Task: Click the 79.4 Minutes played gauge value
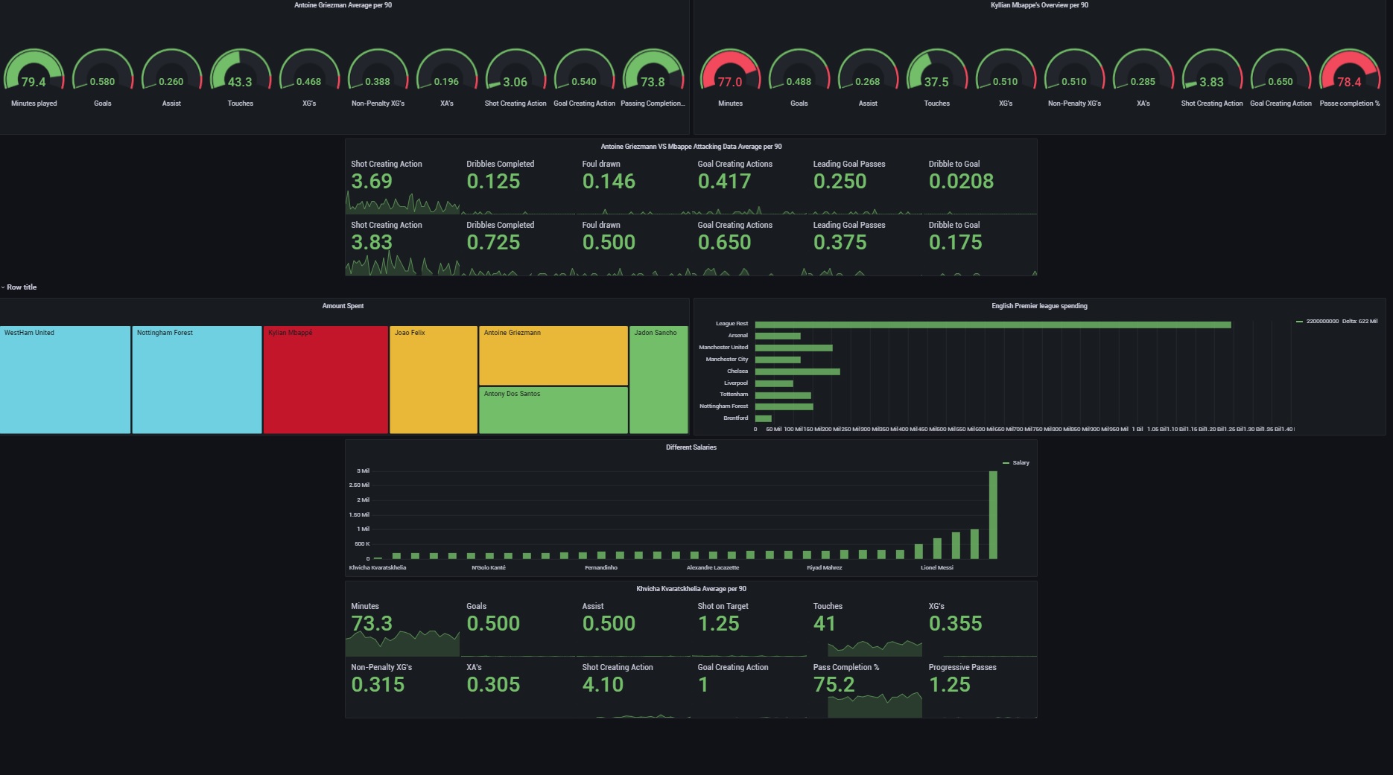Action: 34,82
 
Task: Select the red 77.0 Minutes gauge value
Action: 729,82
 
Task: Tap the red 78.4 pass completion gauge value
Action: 1349,82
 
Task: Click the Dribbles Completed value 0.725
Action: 493,243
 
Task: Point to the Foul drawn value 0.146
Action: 609,182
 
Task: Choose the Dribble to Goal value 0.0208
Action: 961,182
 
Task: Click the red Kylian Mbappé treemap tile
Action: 326,380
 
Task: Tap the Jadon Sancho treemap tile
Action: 659,380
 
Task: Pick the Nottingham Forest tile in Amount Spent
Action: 197,380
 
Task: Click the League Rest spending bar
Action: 992,325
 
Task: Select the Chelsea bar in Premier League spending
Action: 797,371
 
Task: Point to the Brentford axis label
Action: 735,418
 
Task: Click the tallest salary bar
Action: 993,514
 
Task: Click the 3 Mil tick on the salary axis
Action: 363,471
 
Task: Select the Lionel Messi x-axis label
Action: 936,568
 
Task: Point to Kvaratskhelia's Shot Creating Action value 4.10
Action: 603,685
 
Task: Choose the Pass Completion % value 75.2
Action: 834,685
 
